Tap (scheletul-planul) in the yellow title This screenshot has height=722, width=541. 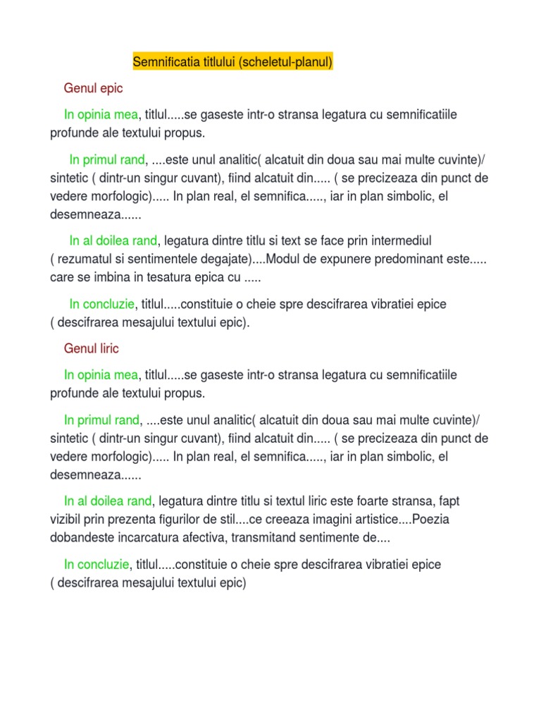click(285, 63)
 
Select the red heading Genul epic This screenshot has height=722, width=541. click(93, 89)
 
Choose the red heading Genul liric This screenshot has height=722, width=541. click(92, 348)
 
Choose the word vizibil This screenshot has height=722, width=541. click(66, 520)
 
